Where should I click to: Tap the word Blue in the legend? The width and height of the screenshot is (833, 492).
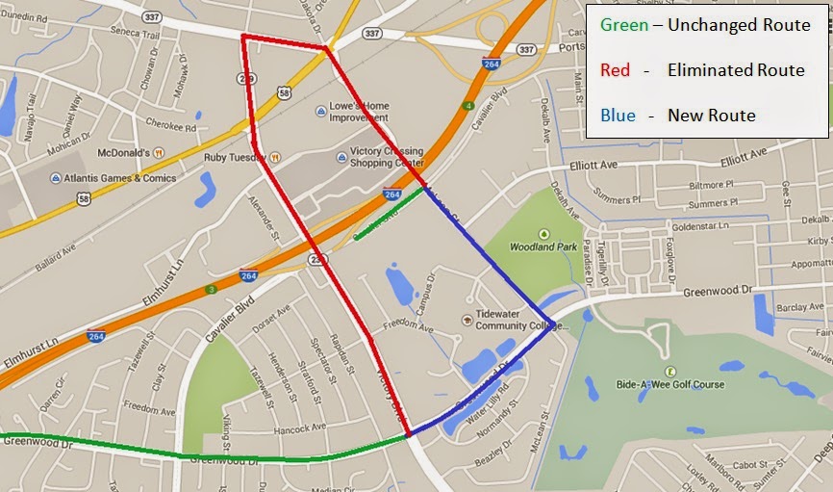click(x=618, y=116)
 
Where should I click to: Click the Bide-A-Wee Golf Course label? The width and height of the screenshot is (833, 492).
click(x=671, y=383)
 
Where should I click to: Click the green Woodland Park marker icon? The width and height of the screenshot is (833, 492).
click(x=544, y=233)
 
